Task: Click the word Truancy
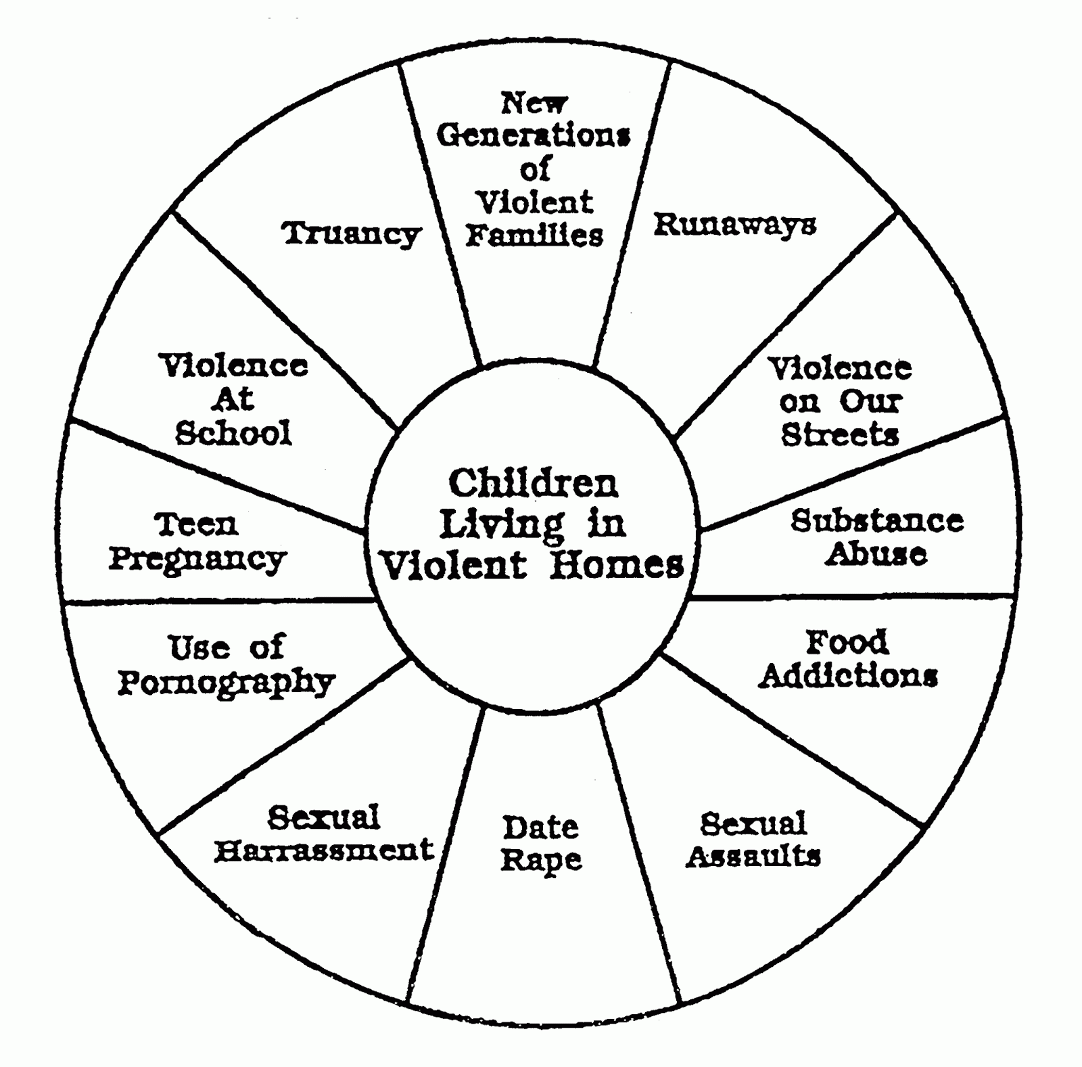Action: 352,235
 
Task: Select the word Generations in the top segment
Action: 534,136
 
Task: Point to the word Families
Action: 534,235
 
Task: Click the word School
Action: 233,433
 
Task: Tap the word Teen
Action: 196,525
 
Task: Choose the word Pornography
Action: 227,683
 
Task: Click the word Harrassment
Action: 324,850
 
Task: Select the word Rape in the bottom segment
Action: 541,861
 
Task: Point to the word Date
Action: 540,827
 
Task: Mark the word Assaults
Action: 753,857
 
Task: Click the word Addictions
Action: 848,675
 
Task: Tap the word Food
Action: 847,642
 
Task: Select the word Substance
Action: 877,521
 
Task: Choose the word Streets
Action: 840,434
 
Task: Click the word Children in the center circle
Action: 534,484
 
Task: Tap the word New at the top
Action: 534,104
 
